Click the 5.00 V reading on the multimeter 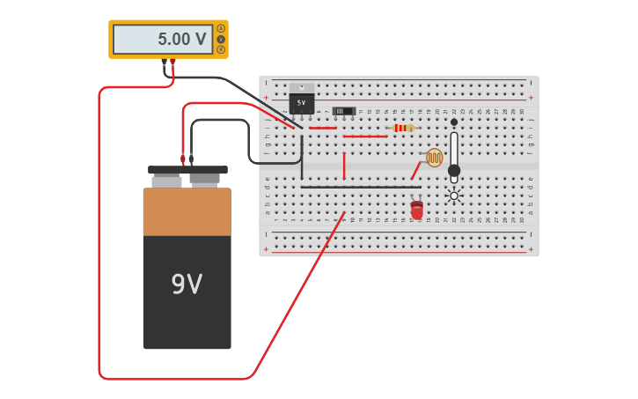[181, 40]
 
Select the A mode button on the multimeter [221, 28]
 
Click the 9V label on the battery [187, 284]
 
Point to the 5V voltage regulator [301, 102]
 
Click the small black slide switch [343, 111]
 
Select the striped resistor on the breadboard [403, 128]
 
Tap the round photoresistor [435, 158]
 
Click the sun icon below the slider [454, 196]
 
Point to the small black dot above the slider [454, 122]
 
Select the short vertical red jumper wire [344, 165]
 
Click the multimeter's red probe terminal [172, 63]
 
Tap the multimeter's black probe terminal [164, 63]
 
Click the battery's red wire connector [183, 159]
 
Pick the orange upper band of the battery [187, 211]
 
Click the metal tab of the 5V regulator [301, 87]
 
